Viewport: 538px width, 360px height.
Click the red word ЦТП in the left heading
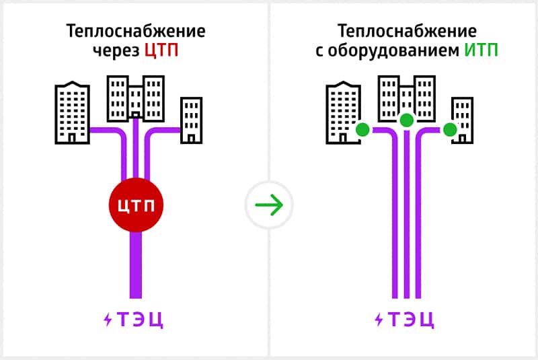coord(161,50)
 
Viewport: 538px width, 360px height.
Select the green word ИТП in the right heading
coord(481,50)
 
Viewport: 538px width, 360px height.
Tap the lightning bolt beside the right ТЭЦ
coord(379,320)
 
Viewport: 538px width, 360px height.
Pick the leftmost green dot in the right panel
coord(362,129)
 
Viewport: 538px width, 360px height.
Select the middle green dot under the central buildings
coord(406,120)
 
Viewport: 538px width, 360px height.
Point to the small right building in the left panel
coord(191,120)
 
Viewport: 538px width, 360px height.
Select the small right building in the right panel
coord(461,120)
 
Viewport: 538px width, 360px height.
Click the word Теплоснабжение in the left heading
coord(136,32)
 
